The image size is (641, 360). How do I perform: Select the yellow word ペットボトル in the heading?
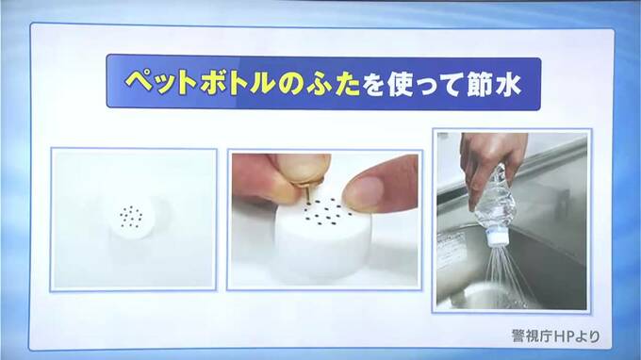coord(200,83)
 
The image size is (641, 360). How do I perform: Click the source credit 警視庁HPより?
coord(556,335)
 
